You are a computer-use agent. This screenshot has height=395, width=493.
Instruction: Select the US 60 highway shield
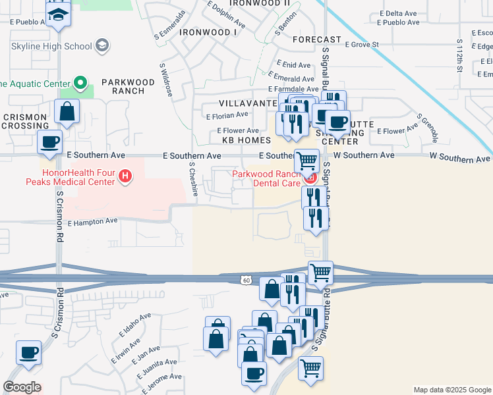[x=245, y=280]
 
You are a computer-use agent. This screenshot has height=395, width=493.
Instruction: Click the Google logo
[x=22, y=387]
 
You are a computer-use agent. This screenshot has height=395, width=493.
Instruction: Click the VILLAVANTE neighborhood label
[x=248, y=104]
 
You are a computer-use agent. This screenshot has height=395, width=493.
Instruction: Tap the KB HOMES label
[x=246, y=141]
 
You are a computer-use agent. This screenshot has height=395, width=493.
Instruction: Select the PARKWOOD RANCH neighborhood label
[x=127, y=87]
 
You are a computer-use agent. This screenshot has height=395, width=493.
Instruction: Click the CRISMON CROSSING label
[x=25, y=121]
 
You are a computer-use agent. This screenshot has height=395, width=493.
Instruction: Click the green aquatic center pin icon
[x=80, y=84]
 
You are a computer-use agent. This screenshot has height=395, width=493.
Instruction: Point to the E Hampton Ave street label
[x=92, y=223]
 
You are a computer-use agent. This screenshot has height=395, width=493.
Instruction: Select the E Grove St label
[x=362, y=45]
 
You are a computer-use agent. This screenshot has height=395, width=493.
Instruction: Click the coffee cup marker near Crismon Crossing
[x=50, y=141]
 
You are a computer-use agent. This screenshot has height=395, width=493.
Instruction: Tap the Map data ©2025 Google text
[x=451, y=390]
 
